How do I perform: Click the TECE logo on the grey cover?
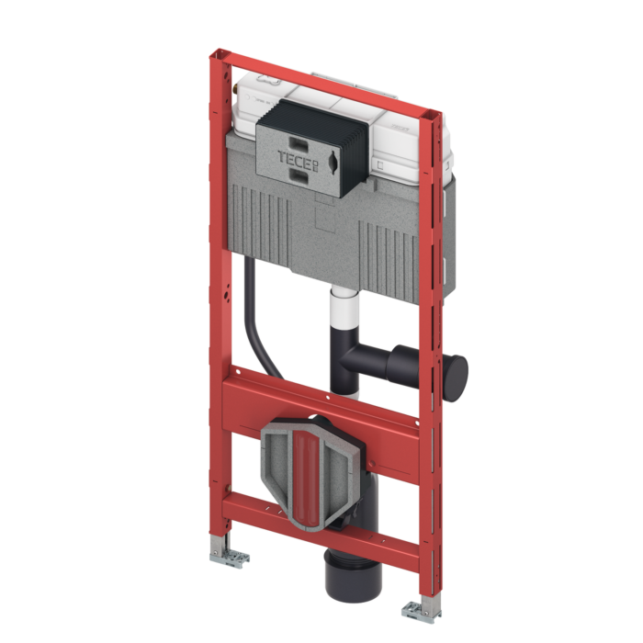click(x=299, y=158)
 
